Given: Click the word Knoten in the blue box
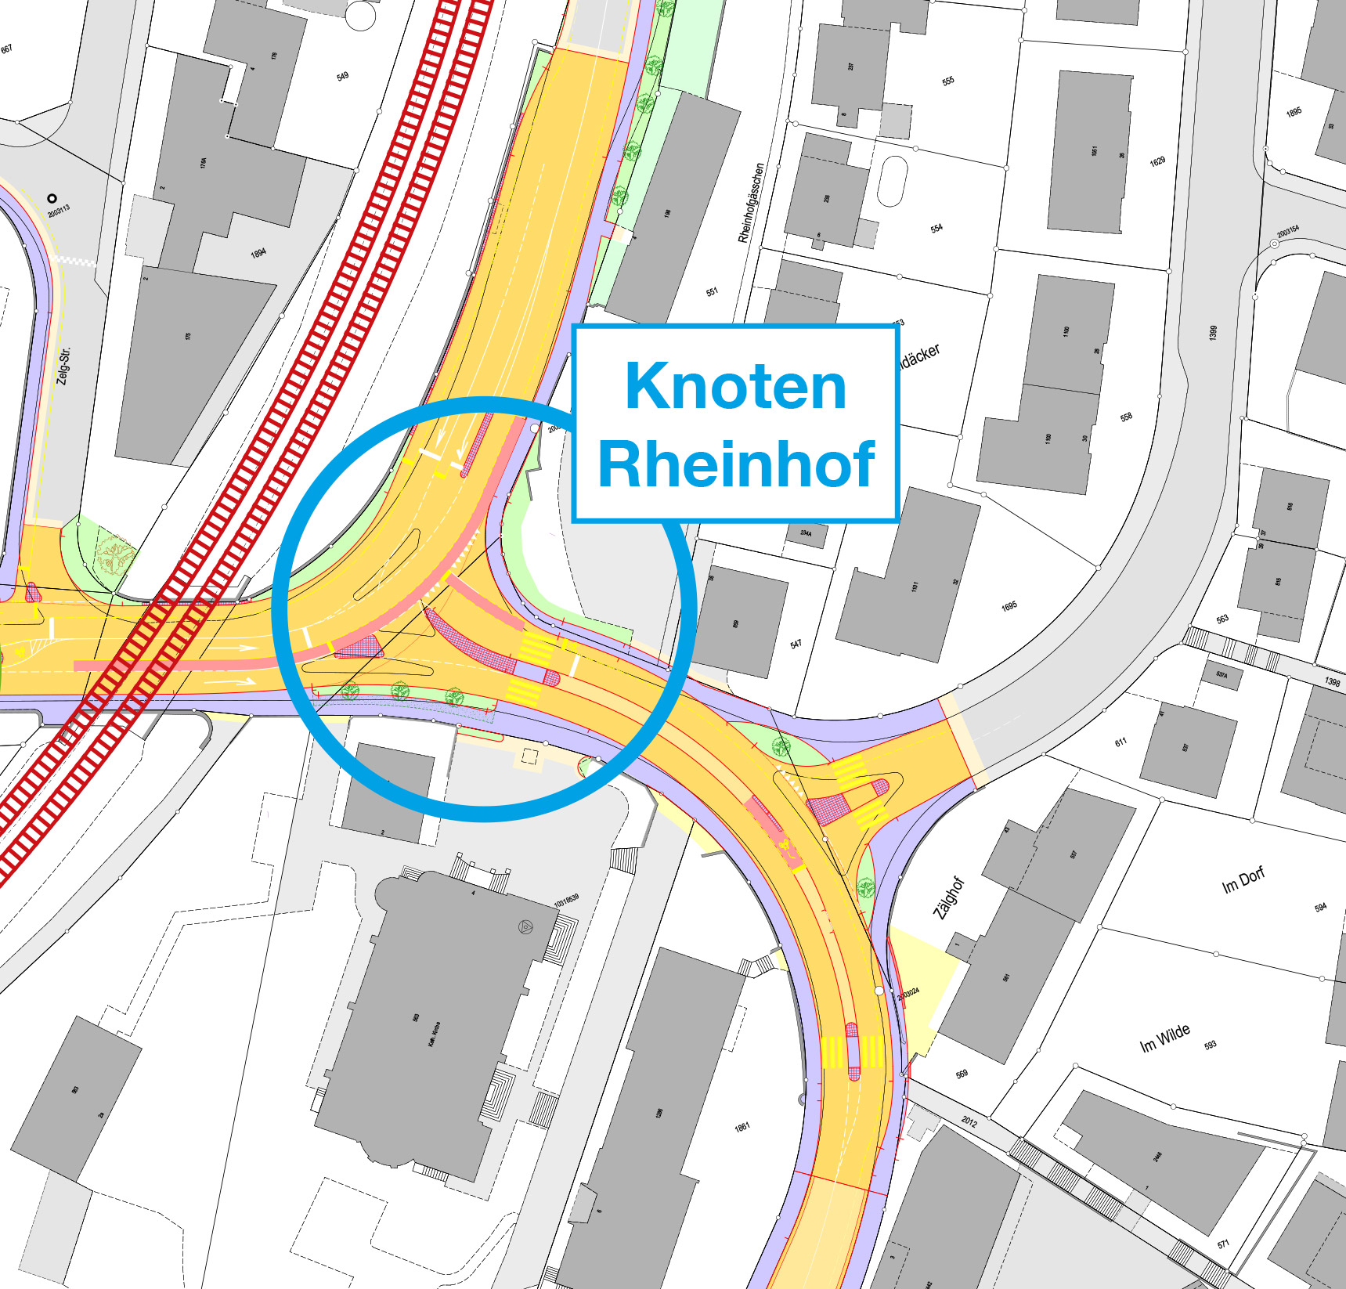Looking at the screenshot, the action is coord(735,386).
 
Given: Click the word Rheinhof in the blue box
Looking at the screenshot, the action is coord(735,464).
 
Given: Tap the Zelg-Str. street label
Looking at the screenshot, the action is coord(63,366).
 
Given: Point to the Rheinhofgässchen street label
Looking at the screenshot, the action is coord(749,203).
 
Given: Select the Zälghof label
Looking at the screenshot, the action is coord(948,898).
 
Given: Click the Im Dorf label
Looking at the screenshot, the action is coord(1243,879).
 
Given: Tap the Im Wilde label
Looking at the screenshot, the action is coord(1164,1038).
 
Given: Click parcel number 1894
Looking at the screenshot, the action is coord(258,253).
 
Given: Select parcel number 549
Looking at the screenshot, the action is coord(342,77).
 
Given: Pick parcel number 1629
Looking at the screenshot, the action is coord(1157,161).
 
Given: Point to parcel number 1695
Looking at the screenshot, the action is coord(1009,606).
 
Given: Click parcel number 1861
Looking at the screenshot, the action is coord(742,1127).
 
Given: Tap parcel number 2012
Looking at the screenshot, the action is coord(969,1121).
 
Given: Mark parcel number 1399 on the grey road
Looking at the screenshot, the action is coord(1213,332).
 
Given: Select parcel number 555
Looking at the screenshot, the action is coord(948,81).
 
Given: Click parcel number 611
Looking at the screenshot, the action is coord(1120,742).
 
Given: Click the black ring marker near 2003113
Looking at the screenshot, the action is coord(52,199).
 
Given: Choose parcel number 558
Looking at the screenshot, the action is coord(1126,417).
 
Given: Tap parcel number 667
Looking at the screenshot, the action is coord(6,49).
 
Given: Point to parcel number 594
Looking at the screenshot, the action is coord(1320,908).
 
